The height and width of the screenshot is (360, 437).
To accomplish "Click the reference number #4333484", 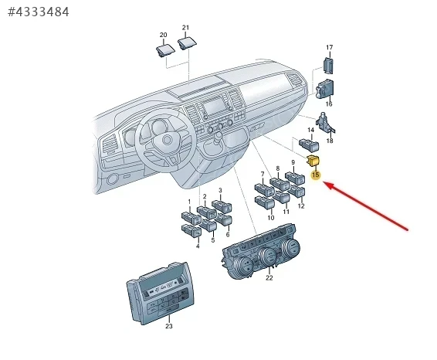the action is coord(39,12).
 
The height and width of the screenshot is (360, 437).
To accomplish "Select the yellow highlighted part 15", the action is coord(313,161).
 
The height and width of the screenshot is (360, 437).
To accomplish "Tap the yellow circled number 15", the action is coord(316,175).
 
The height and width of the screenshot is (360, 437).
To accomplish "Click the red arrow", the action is coord(366,205).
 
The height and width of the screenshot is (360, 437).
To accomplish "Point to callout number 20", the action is coord(164,35).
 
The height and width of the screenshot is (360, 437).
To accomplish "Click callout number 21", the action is coord(185,28).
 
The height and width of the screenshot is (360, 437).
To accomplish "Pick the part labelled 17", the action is coord(328,66).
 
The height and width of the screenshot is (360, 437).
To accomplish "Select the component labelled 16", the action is coord(325,90).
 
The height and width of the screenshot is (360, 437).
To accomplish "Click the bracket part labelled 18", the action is coord(325,123).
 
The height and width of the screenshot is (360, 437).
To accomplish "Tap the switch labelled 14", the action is coord(309,144).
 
